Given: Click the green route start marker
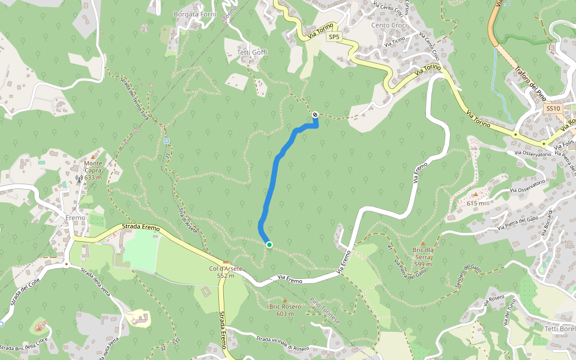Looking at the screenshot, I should coord(269,244).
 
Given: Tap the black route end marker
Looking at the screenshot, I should coord(315,115).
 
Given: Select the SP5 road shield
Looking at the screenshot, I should coord(334,37).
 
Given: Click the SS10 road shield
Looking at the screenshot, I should coord(553,109).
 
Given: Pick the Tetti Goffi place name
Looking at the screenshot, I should coord(252,52).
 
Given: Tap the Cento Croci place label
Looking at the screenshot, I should coord(389,25).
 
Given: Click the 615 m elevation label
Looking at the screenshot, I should coord(475,203).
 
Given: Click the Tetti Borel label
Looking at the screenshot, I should coord(559,329).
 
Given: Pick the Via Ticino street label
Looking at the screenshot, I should coord(395,41).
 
